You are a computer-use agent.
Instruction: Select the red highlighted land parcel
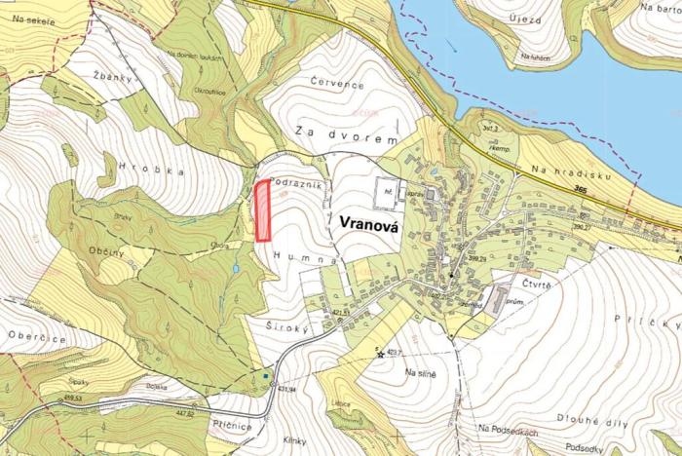pos(262,210)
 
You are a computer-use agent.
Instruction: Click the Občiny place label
pos(106,252)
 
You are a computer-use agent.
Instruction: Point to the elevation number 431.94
pos(287,388)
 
